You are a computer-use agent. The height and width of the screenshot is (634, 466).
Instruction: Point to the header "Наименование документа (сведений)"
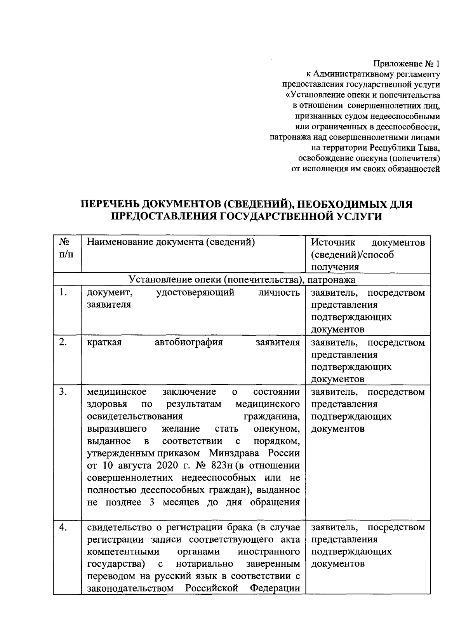pyautogui.click(x=170, y=242)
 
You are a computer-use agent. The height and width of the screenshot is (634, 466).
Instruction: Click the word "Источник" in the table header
pyautogui.click(x=333, y=242)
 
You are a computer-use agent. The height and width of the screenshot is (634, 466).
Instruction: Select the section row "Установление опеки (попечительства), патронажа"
pyautogui.click(x=242, y=279)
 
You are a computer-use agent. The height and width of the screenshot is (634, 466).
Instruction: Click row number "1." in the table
pyautogui.click(x=64, y=293)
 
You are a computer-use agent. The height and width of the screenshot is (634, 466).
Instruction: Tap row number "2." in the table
pyautogui.click(x=64, y=342)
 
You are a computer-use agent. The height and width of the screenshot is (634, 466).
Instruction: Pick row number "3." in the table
pyautogui.click(x=64, y=392)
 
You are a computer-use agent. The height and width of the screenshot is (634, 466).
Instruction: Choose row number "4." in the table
pyautogui.click(x=64, y=527)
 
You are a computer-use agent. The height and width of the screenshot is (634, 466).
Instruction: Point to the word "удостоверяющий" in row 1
pyautogui.click(x=195, y=293)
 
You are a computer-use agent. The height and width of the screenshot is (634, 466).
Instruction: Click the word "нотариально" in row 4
pyautogui.click(x=205, y=564)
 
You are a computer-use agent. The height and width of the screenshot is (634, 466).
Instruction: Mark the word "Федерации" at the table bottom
pyautogui.click(x=275, y=588)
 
